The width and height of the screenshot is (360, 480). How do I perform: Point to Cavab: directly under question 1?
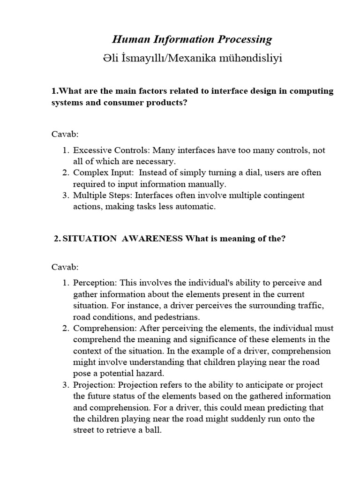point(65,134)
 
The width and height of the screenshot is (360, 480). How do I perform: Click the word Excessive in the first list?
point(92,150)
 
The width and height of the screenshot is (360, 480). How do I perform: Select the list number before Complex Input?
point(66,173)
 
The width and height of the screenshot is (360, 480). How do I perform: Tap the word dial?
point(245,173)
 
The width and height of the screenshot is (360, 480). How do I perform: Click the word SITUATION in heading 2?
point(90,239)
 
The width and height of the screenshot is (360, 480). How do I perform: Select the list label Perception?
point(95,283)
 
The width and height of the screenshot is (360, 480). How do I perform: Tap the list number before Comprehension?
point(66,328)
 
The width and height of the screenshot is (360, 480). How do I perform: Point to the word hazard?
point(151,373)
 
